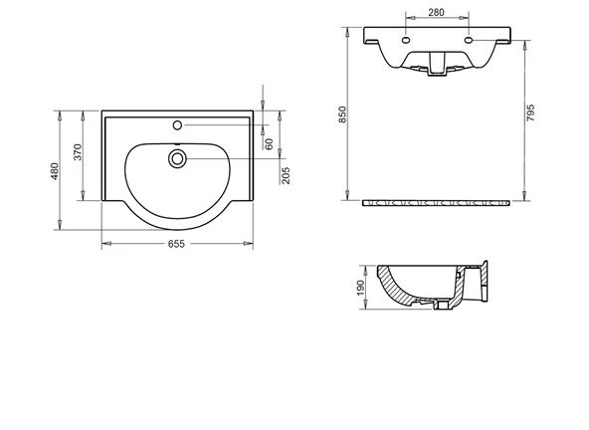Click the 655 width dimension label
[x=177, y=244]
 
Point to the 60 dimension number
[x=268, y=143]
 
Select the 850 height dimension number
[x=343, y=115]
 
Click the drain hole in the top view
[x=178, y=157]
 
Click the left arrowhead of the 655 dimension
[x=105, y=244]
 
